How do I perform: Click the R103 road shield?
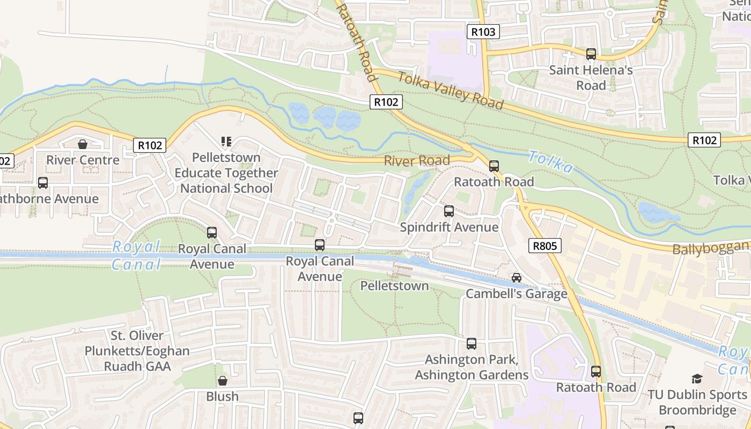(483, 32)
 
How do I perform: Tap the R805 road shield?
(545, 246)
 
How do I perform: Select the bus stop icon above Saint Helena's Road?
(591, 54)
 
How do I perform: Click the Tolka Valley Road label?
(450, 90)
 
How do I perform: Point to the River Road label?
(417, 161)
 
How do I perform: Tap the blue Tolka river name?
(550, 161)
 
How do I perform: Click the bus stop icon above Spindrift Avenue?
(449, 211)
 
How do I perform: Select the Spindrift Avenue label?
(449, 227)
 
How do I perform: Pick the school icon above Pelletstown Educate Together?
(226, 142)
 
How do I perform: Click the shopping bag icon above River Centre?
(83, 144)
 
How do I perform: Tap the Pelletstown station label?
(394, 286)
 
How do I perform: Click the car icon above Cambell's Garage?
(516, 278)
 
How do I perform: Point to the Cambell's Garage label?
(516, 294)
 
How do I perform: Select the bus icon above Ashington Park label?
(471, 344)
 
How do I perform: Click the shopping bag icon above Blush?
(222, 381)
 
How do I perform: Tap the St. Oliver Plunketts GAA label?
(137, 351)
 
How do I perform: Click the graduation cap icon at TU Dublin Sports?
(697, 379)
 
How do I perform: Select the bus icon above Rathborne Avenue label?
(43, 183)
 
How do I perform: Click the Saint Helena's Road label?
(591, 78)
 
